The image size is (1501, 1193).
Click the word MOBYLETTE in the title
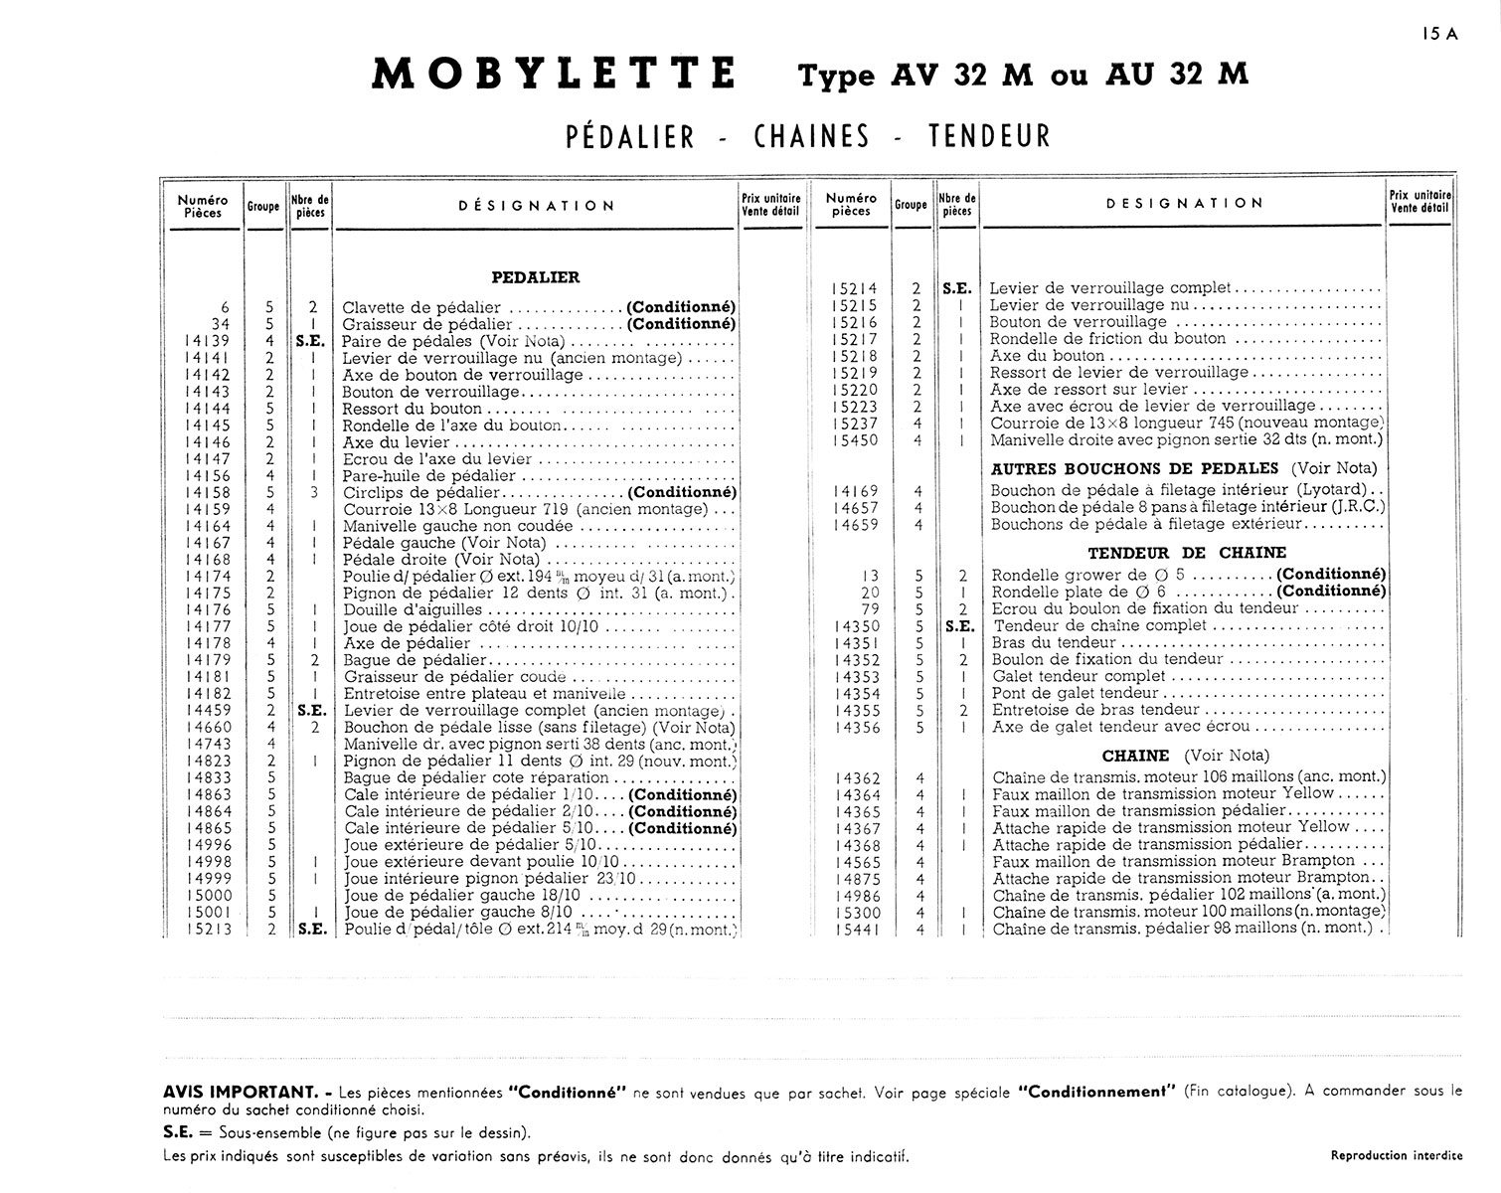coord(554,75)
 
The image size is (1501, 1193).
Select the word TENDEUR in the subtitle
coord(989,136)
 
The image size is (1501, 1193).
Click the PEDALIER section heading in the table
coord(536,277)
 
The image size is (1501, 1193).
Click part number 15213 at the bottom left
coord(209,930)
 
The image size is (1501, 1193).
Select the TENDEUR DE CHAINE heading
coord(1187,553)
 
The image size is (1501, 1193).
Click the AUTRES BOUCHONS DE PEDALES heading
coord(1134,468)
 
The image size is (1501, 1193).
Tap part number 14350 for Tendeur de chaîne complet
coord(857,625)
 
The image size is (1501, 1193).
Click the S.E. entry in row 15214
coord(956,288)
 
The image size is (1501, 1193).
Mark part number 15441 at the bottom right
coord(857,930)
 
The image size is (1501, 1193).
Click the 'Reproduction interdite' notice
coord(1396,1155)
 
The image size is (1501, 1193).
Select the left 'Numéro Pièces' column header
coord(203,206)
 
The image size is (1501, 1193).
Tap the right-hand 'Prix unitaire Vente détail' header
coord(1419,202)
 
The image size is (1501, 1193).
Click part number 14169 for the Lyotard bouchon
coord(857,490)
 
